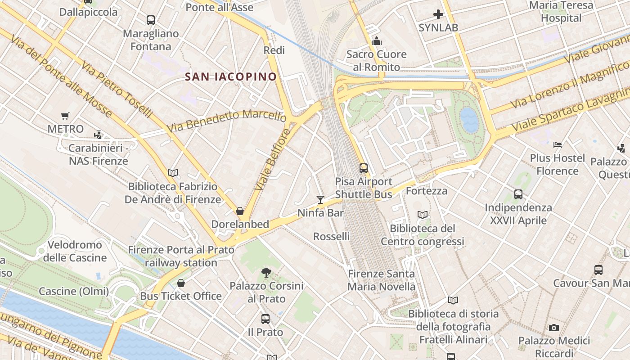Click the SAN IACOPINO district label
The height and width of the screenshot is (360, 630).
231,76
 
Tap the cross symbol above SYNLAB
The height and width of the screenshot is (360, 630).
438,14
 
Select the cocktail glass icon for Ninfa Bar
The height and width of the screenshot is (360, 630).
320,199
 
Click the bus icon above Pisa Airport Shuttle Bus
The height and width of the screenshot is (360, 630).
364,168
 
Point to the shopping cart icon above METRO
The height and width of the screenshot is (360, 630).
65,116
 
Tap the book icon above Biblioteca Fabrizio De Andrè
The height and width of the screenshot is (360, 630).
173,173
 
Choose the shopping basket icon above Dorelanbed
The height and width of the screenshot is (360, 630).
240,211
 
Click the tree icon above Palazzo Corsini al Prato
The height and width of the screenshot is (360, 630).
266,272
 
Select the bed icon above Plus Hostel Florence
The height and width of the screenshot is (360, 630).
558,145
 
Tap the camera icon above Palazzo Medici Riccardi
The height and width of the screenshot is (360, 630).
554,328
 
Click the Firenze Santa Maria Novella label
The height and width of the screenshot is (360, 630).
382,280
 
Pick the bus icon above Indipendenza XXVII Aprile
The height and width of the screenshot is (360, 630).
518,194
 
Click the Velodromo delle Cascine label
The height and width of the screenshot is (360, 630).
75,252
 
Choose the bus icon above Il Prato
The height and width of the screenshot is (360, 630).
265,319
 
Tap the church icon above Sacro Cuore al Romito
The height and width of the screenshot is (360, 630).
377,41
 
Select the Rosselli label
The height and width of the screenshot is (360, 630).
331,236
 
